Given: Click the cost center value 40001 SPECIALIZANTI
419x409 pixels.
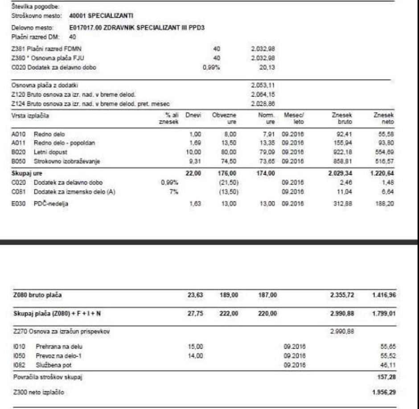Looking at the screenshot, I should tap(103, 16).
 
